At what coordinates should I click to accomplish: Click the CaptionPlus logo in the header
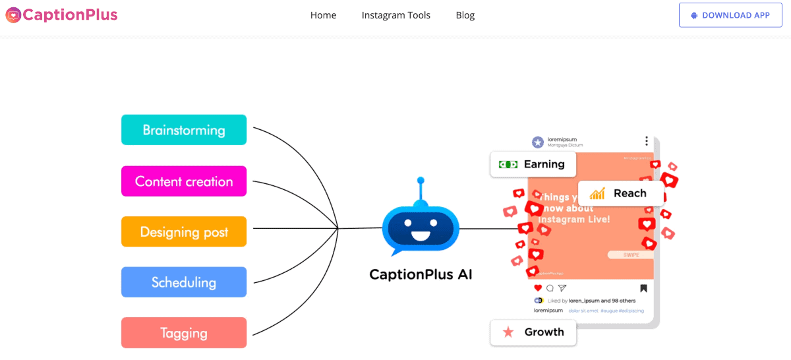61,15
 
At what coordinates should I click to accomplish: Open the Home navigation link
323,15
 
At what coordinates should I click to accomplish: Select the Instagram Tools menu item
395,15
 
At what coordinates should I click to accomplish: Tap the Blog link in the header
465,15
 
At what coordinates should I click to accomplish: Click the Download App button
730,15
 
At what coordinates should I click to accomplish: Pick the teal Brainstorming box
184,130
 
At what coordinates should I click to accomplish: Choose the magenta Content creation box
184,181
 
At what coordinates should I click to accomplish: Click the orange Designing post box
184,231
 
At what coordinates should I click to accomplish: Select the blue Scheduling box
184,282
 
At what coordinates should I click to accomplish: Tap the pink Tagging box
184,333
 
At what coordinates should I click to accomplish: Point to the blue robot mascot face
421,228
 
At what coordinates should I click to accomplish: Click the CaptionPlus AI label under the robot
421,274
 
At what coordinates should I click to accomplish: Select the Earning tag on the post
533,164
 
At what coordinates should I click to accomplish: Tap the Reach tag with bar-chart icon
620,193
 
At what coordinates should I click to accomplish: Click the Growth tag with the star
533,332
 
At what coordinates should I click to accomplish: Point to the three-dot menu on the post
647,141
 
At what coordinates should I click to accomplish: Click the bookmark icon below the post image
643,288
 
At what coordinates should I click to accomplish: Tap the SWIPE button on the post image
631,255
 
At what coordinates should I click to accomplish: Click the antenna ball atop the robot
421,181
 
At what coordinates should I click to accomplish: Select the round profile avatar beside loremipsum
538,142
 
